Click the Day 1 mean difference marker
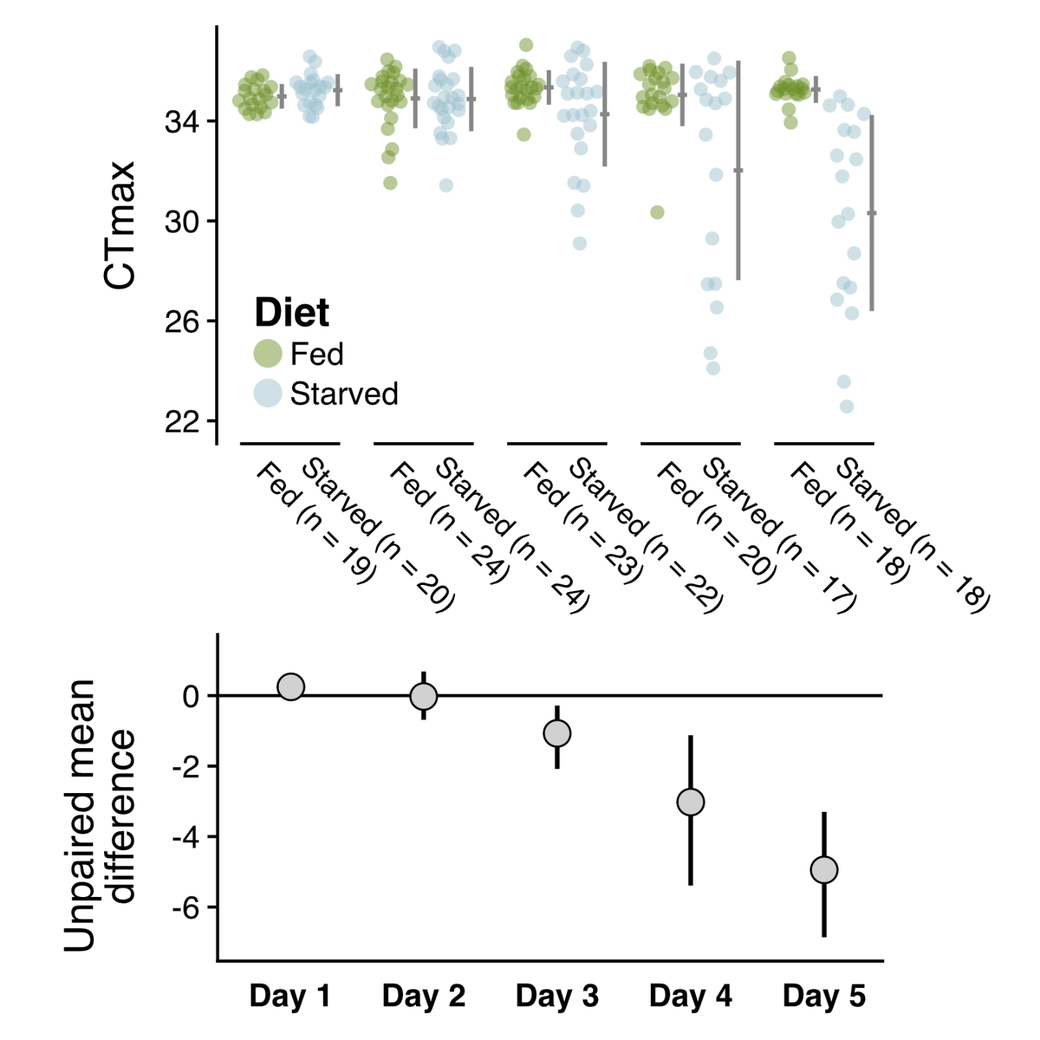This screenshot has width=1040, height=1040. coord(290,686)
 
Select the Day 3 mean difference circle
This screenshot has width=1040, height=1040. coord(557,733)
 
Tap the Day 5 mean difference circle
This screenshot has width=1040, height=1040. coord(824,870)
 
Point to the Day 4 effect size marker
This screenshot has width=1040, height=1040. coord(690,802)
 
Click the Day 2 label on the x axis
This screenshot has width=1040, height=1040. coord(423,996)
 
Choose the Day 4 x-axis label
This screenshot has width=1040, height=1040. coord(690,996)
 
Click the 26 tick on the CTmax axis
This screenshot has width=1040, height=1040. coord(181,321)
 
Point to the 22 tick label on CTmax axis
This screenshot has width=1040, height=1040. coord(181,421)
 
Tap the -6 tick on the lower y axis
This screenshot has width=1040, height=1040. coord(186,908)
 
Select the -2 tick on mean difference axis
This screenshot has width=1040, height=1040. coord(186,766)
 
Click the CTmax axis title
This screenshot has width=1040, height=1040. coord(120,225)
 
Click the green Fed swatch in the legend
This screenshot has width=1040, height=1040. coord(267,353)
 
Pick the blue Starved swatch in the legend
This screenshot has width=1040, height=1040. coord(267,393)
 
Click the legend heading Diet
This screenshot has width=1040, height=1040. coord(292,313)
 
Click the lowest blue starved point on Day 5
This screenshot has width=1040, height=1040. coord(846,406)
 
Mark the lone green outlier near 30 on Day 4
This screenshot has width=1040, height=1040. coord(656,212)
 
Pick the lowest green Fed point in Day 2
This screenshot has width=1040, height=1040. coord(390,183)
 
